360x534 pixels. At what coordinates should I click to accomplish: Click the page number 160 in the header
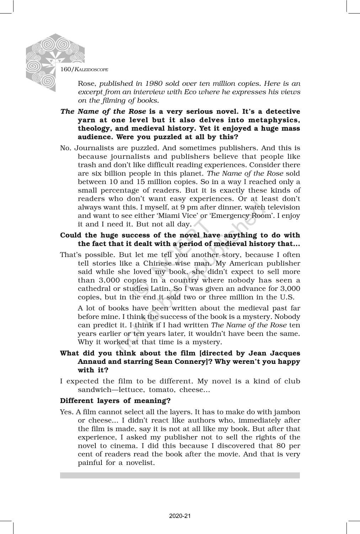point(66,69)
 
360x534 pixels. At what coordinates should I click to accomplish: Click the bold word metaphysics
point(278,120)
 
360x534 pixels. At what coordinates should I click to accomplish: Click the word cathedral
point(94,289)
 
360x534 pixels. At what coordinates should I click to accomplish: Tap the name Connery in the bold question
point(190,362)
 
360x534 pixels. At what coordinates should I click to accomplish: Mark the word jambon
point(288,412)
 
